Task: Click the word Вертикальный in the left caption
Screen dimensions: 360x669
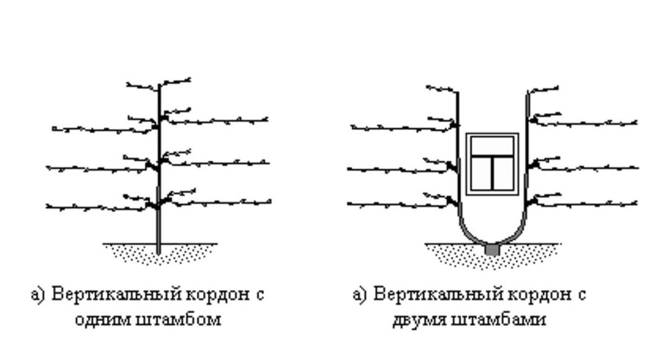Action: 109,296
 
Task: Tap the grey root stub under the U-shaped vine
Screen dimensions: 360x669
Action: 492,251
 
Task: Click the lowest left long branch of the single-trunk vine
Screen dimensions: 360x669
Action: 96,208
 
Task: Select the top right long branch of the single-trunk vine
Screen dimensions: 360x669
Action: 221,120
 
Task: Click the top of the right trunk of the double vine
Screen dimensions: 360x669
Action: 527,94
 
